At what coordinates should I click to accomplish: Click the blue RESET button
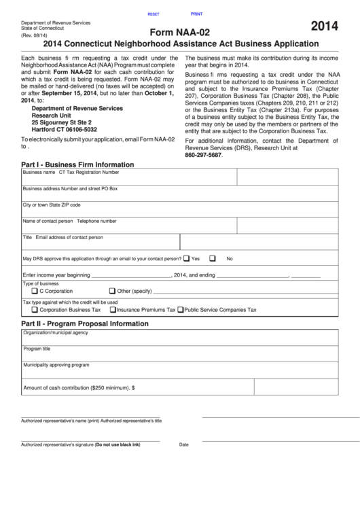153,14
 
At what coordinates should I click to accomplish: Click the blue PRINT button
196,14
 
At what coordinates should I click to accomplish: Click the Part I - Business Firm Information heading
77,164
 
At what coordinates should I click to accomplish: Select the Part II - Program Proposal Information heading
85,323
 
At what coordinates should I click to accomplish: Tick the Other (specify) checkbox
112,291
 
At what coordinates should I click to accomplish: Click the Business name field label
39,173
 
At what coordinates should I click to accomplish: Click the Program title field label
37,349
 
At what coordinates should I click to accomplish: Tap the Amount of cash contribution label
79,387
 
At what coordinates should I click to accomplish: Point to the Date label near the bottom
183,444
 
